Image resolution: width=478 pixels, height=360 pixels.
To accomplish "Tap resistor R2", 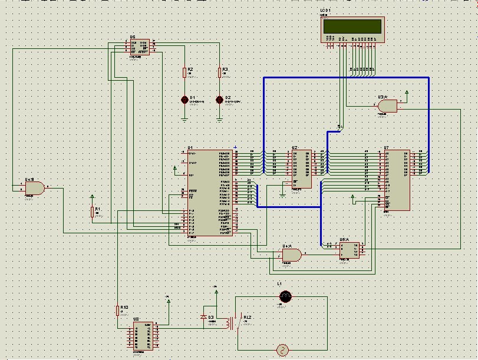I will [x=184, y=72].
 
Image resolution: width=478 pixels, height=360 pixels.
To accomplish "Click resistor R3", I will [x=219, y=72].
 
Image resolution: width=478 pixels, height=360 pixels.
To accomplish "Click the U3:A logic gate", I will [x=388, y=105].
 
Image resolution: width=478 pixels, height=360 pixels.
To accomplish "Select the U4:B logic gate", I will [x=34, y=188].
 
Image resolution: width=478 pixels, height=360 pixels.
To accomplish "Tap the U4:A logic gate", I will [x=291, y=255].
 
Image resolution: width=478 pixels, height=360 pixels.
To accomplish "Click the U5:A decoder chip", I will [x=350, y=250].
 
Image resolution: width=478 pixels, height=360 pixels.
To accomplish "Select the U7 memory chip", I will [x=397, y=180].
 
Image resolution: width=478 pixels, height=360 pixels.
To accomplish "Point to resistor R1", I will [x=92, y=212].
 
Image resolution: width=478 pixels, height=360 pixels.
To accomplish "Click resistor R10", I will [x=118, y=311].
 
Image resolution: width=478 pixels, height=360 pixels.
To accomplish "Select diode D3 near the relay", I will [x=204, y=317].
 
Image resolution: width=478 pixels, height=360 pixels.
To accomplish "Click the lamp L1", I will [x=285, y=296].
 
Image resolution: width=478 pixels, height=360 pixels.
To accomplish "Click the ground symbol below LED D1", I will [x=184, y=119].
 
